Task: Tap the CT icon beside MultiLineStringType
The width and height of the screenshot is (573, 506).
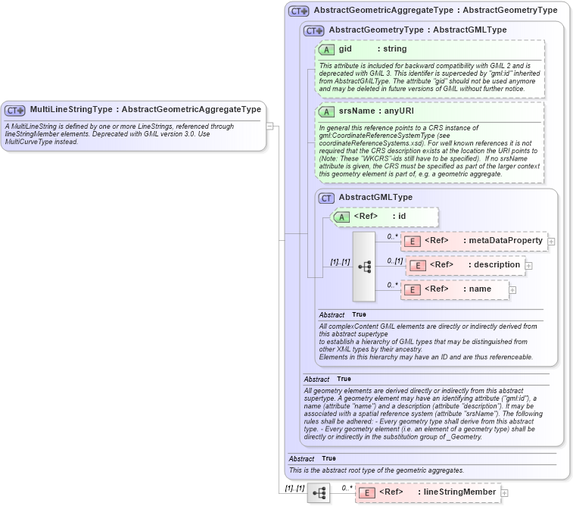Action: (x=16, y=111)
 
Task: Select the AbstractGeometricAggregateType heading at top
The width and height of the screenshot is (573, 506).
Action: (x=435, y=11)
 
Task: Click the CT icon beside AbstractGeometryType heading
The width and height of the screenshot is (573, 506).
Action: (x=314, y=30)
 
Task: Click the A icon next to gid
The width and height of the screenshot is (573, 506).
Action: (x=327, y=49)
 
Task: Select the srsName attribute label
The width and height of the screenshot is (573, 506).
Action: (x=357, y=111)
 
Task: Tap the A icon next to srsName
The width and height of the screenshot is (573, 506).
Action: (x=327, y=111)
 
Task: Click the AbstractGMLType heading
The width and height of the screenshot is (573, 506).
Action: (x=375, y=197)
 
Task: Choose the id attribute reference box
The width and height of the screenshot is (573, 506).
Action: (x=385, y=217)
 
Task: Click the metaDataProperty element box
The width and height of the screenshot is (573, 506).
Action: (x=473, y=241)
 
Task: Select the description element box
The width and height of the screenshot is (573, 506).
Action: (x=466, y=265)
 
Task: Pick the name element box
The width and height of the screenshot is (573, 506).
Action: (x=455, y=289)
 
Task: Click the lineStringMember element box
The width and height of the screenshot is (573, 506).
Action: (x=428, y=492)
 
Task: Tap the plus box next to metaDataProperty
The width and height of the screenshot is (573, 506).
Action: (x=551, y=242)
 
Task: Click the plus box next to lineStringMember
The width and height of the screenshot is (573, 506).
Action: (x=505, y=493)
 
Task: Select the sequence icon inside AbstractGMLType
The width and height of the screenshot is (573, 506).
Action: (x=364, y=266)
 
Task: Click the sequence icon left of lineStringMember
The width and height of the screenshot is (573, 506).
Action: (x=319, y=493)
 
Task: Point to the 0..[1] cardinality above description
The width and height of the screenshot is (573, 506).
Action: (x=394, y=261)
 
